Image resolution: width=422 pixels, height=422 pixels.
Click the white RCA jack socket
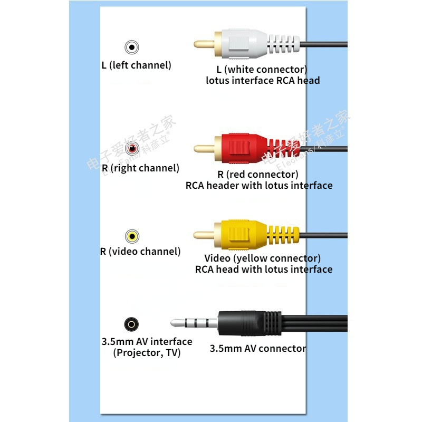click(131, 48)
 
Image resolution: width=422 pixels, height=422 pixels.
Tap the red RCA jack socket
click(131, 150)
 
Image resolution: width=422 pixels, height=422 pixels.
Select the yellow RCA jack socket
click(132, 236)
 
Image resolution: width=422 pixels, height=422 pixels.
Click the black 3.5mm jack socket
click(131, 323)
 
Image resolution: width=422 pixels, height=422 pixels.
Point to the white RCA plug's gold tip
click(204, 44)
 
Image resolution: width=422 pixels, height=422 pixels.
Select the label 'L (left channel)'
click(136, 66)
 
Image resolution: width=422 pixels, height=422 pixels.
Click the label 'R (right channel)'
click(140, 168)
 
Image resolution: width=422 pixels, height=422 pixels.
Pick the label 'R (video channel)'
click(140, 252)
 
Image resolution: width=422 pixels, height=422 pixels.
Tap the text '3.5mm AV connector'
click(257, 349)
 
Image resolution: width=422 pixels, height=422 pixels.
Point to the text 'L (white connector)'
click(262, 70)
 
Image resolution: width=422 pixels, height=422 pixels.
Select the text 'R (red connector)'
click(258, 174)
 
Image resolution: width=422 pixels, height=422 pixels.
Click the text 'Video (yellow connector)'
click(262, 258)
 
